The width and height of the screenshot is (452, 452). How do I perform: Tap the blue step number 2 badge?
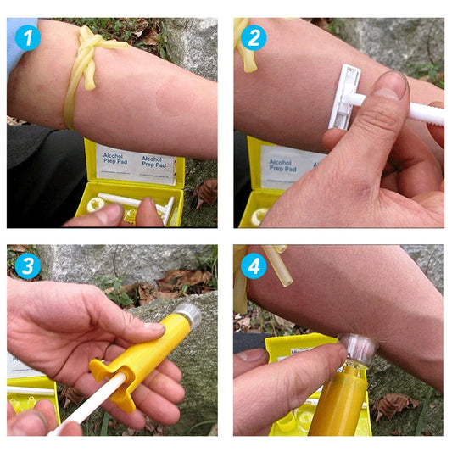point(253,38)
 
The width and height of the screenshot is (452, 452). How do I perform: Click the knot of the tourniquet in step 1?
point(86,42)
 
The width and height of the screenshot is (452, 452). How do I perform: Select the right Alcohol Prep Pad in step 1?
point(157,169)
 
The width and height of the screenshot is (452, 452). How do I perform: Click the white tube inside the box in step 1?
point(127,204)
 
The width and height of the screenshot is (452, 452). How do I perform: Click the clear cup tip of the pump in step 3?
point(187,315)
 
